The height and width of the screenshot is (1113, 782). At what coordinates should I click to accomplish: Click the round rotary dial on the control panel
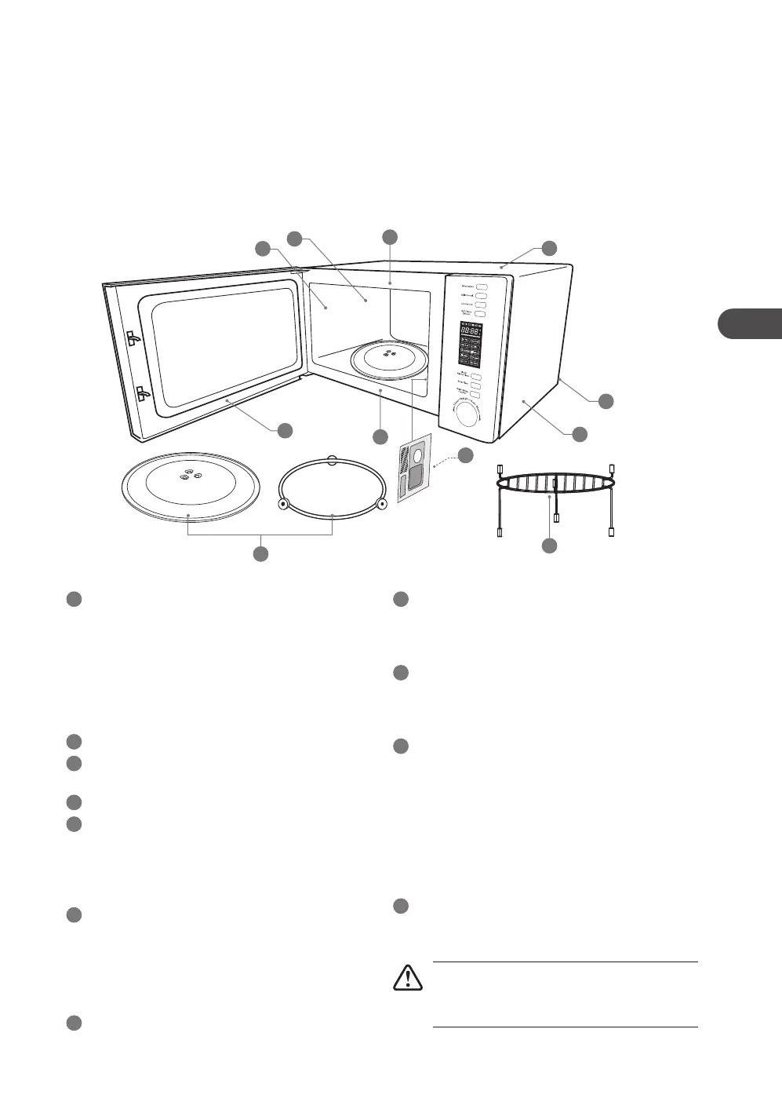(x=468, y=414)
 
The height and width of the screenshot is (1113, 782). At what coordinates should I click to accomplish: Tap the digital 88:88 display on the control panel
(x=470, y=331)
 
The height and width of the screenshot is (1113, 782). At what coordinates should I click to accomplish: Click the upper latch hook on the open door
(x=134, y=339)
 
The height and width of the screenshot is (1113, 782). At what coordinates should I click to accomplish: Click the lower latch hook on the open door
(x=142, y=393)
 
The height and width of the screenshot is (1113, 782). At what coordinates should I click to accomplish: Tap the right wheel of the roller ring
(x=381, y=503)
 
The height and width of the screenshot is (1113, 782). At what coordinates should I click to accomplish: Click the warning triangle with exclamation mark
(x=408, y=977)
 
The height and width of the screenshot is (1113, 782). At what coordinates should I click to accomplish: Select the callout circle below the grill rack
(x=549, y=545)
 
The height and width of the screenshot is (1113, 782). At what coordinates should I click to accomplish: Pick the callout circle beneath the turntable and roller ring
(x=260, y=554)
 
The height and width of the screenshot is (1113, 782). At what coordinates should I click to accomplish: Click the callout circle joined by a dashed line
(x=466, y=454)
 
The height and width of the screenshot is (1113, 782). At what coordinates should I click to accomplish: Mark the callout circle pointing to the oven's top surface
(x=549, y=248)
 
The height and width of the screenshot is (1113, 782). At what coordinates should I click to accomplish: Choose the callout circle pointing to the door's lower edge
(x=285, y=429)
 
